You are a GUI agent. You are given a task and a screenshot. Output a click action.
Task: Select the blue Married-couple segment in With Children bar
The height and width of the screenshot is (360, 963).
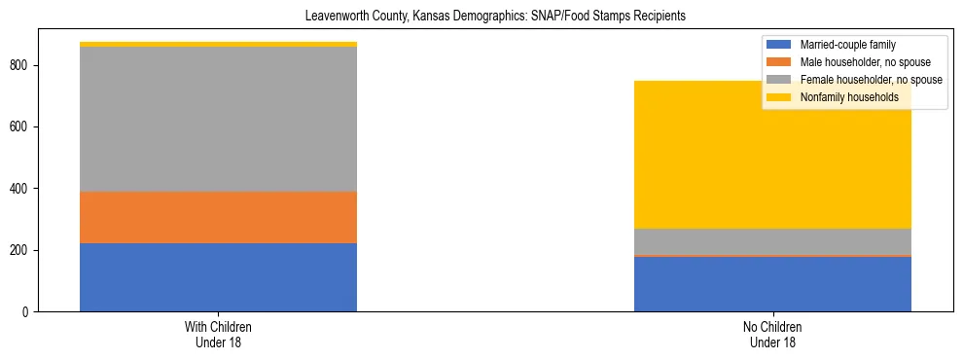click(218, 277)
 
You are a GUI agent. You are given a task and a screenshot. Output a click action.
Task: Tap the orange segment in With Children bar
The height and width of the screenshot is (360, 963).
click(218, 217)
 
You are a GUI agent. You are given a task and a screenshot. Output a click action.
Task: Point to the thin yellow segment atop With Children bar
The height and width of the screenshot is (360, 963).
click(218, 44)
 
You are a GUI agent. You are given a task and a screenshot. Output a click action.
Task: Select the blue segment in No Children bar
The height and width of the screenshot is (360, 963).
click(772, 284)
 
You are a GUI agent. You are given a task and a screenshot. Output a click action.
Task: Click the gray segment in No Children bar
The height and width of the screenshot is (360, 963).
click(772, 241)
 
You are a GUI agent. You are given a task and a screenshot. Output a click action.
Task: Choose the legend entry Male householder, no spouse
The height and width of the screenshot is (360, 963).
click(861, 62)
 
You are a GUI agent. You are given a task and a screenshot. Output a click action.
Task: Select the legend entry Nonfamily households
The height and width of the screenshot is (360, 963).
click(842, 97)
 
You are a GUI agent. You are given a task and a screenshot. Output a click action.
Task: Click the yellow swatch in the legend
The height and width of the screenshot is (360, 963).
click(779, 97)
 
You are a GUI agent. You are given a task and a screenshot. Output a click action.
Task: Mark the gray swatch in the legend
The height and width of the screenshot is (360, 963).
click(779, 80)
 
